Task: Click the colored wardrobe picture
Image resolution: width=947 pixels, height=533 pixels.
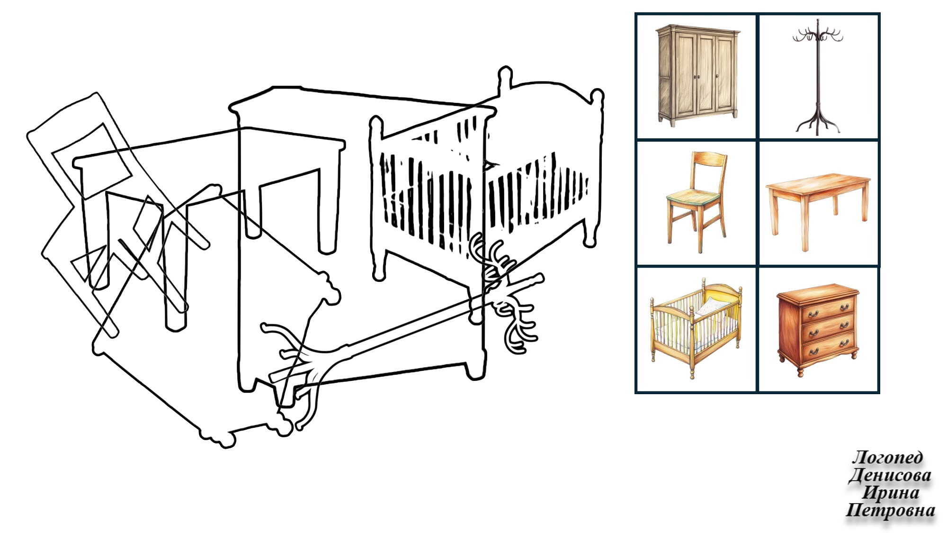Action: pyautogui.click(x=697, y=75)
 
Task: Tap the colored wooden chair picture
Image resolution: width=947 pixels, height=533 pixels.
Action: pyautogui.click(x=696, y=202)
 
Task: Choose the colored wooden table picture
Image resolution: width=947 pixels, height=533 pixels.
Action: pyautogui.click(x=818, y=211)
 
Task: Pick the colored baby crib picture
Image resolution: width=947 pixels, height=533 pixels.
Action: pyautogui.click(x=696, y=328)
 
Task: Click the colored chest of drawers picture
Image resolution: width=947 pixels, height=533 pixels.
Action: pyautogui.click(x=818, y=330)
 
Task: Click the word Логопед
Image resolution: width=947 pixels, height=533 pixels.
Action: pyautogui.click(x=887, y=457)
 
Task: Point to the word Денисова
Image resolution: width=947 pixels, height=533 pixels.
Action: pyautogui.click(x=890, y=475)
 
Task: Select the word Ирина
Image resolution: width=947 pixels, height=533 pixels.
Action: pyautogui.click(x=891, y=492)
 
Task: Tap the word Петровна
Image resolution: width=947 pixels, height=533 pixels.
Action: pyautogui.click(x=890, y=510)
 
